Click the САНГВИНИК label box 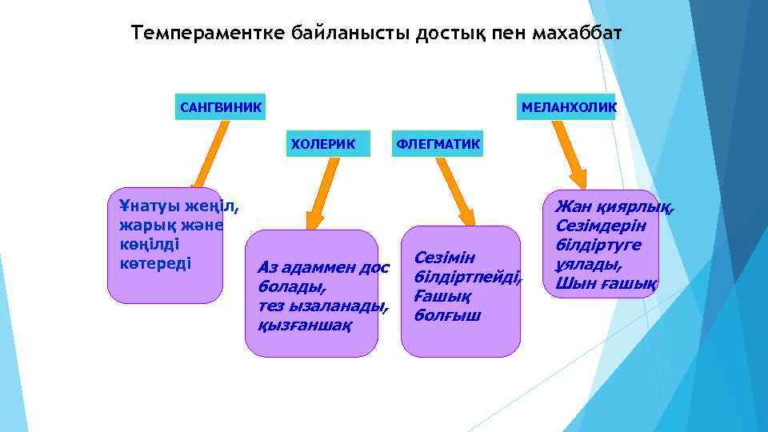(220, 107)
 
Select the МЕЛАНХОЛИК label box (568, 107)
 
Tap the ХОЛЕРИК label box (322, 143)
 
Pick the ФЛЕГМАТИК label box (437, 143)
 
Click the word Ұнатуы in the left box (149, 206)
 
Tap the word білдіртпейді (467, 277)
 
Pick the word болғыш (447, 315)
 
